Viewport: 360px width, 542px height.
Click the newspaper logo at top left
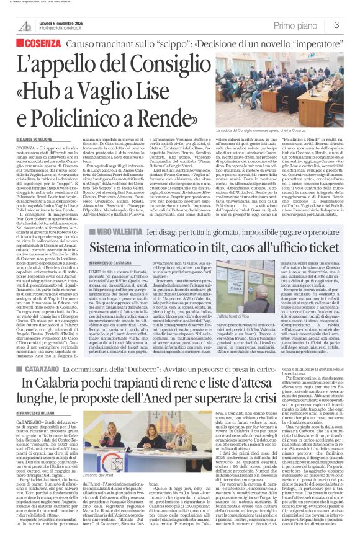click(x=24, y=25)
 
